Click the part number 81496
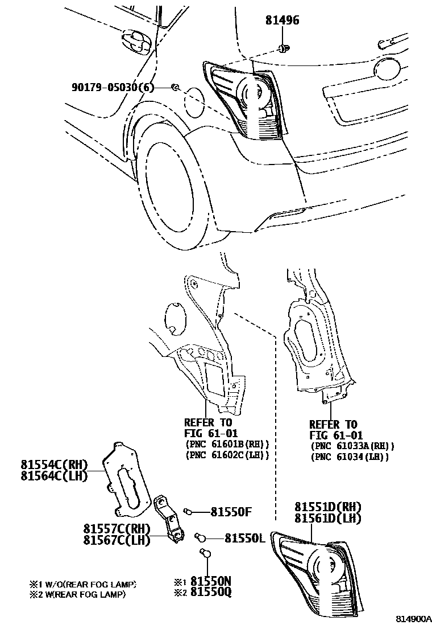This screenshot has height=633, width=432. tap(282, 21)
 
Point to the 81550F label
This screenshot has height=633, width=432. tap(231, 511)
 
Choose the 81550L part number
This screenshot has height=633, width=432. tap(244, 537)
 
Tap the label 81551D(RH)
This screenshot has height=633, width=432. tap(328, 507)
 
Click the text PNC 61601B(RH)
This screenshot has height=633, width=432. tap(227, 444)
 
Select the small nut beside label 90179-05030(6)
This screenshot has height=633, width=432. tap(176, 87)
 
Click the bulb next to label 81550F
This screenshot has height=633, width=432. tap(188, 511)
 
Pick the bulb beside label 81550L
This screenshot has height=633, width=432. tap(200, 536)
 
